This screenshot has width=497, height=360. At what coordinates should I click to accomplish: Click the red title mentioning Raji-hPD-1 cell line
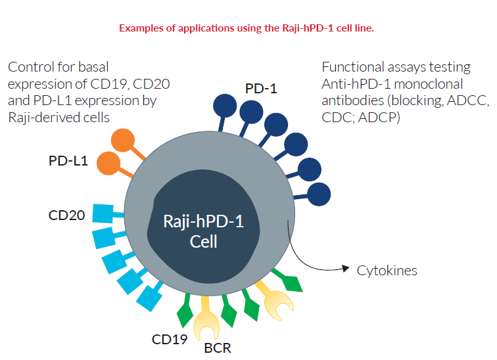click(246, 28)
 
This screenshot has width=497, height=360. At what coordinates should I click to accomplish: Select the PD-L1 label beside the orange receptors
click(69, 160)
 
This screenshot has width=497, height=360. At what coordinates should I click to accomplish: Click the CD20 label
click(66, 215)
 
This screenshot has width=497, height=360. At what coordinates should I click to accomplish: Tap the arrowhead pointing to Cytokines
click(344, 268)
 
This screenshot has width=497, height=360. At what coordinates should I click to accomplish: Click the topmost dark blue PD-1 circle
click(225, 106)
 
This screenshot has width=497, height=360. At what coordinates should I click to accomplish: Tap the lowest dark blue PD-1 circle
click(319, 194)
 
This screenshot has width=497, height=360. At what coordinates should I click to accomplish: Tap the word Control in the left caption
click(30, 67)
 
